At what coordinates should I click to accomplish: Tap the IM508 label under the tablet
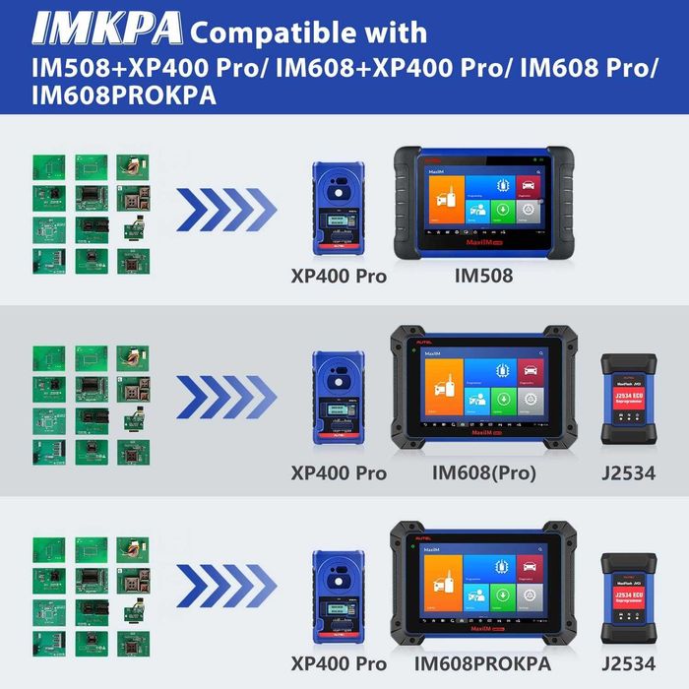click(482, 277)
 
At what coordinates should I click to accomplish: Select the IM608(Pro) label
click(483, 472)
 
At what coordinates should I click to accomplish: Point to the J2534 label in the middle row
click(628, 472)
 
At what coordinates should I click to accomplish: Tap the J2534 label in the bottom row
click(628, 664)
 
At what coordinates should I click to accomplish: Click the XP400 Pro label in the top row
click(339, 277)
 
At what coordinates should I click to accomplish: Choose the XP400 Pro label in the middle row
click(339, 472)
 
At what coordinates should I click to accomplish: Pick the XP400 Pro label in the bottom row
click(339, 664)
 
